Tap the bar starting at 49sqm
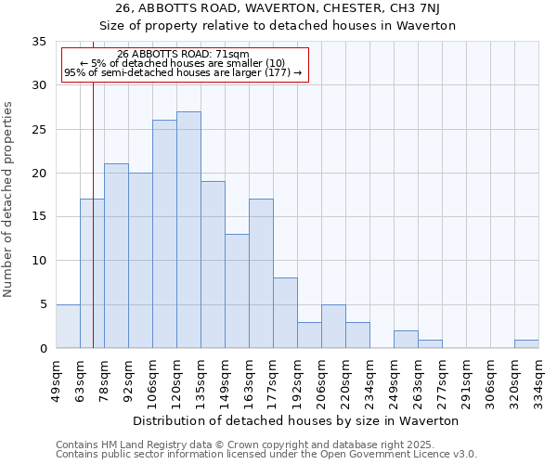tap(68, 326)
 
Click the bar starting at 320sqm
tap(526, 344)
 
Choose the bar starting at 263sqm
tap(430, 344)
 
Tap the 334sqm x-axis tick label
tap(539, 378)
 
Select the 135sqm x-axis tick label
tap(201, 378)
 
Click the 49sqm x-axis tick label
tap(57, 378)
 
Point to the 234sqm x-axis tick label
tap(370, 378)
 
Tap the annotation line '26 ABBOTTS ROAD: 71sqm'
tap(184, 54)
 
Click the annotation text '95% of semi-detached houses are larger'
tap(184, 72)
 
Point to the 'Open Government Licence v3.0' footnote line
tap(266, 455)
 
